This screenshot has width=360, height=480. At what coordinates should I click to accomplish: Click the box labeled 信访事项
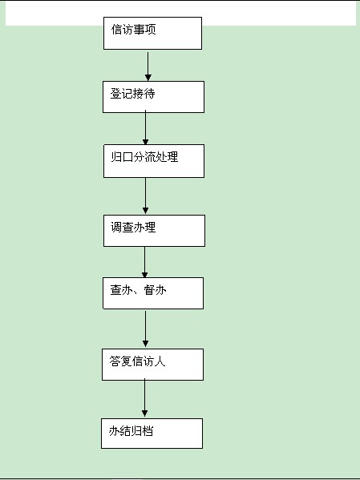[152, 33]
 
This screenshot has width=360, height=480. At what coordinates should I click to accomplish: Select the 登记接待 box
[153, 97]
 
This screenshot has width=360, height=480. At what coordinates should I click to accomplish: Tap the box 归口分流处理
[154, 161]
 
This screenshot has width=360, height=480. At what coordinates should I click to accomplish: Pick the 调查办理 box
[154, 231]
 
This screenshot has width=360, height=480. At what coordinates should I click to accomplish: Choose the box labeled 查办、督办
[153, 293]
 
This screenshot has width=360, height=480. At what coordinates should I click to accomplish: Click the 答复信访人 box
[152, 365]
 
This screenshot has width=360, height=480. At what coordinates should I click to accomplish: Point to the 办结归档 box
[152, 434]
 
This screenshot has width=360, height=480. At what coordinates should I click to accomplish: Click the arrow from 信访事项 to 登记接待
[148, 67]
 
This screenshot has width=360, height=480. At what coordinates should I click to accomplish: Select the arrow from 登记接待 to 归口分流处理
[146, 127]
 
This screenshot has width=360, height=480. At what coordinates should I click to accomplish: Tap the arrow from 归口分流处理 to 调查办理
[146, 196]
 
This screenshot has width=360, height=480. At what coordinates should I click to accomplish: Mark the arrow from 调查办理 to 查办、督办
[145, 262]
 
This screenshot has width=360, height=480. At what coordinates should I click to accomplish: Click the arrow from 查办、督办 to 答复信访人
[146, 329]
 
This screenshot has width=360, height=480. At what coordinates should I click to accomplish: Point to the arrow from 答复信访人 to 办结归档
[145, 397]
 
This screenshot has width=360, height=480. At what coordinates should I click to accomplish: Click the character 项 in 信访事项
[151, 30]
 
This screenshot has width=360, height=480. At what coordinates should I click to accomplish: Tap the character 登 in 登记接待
[115, 94]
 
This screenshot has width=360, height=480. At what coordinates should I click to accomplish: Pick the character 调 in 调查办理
[116, 228]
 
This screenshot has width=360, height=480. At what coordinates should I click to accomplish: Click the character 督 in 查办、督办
[149, 290]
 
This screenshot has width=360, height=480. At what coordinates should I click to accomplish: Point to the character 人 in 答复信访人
[160, 361]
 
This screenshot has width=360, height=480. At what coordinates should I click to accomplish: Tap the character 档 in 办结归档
[148, 431]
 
